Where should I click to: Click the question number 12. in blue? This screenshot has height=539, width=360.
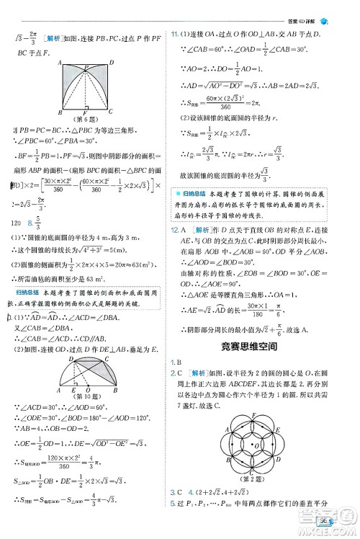coord(175,228)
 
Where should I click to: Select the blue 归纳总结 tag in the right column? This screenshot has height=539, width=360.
coord(194,193)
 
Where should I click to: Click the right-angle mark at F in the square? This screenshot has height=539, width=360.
coord(85,108)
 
